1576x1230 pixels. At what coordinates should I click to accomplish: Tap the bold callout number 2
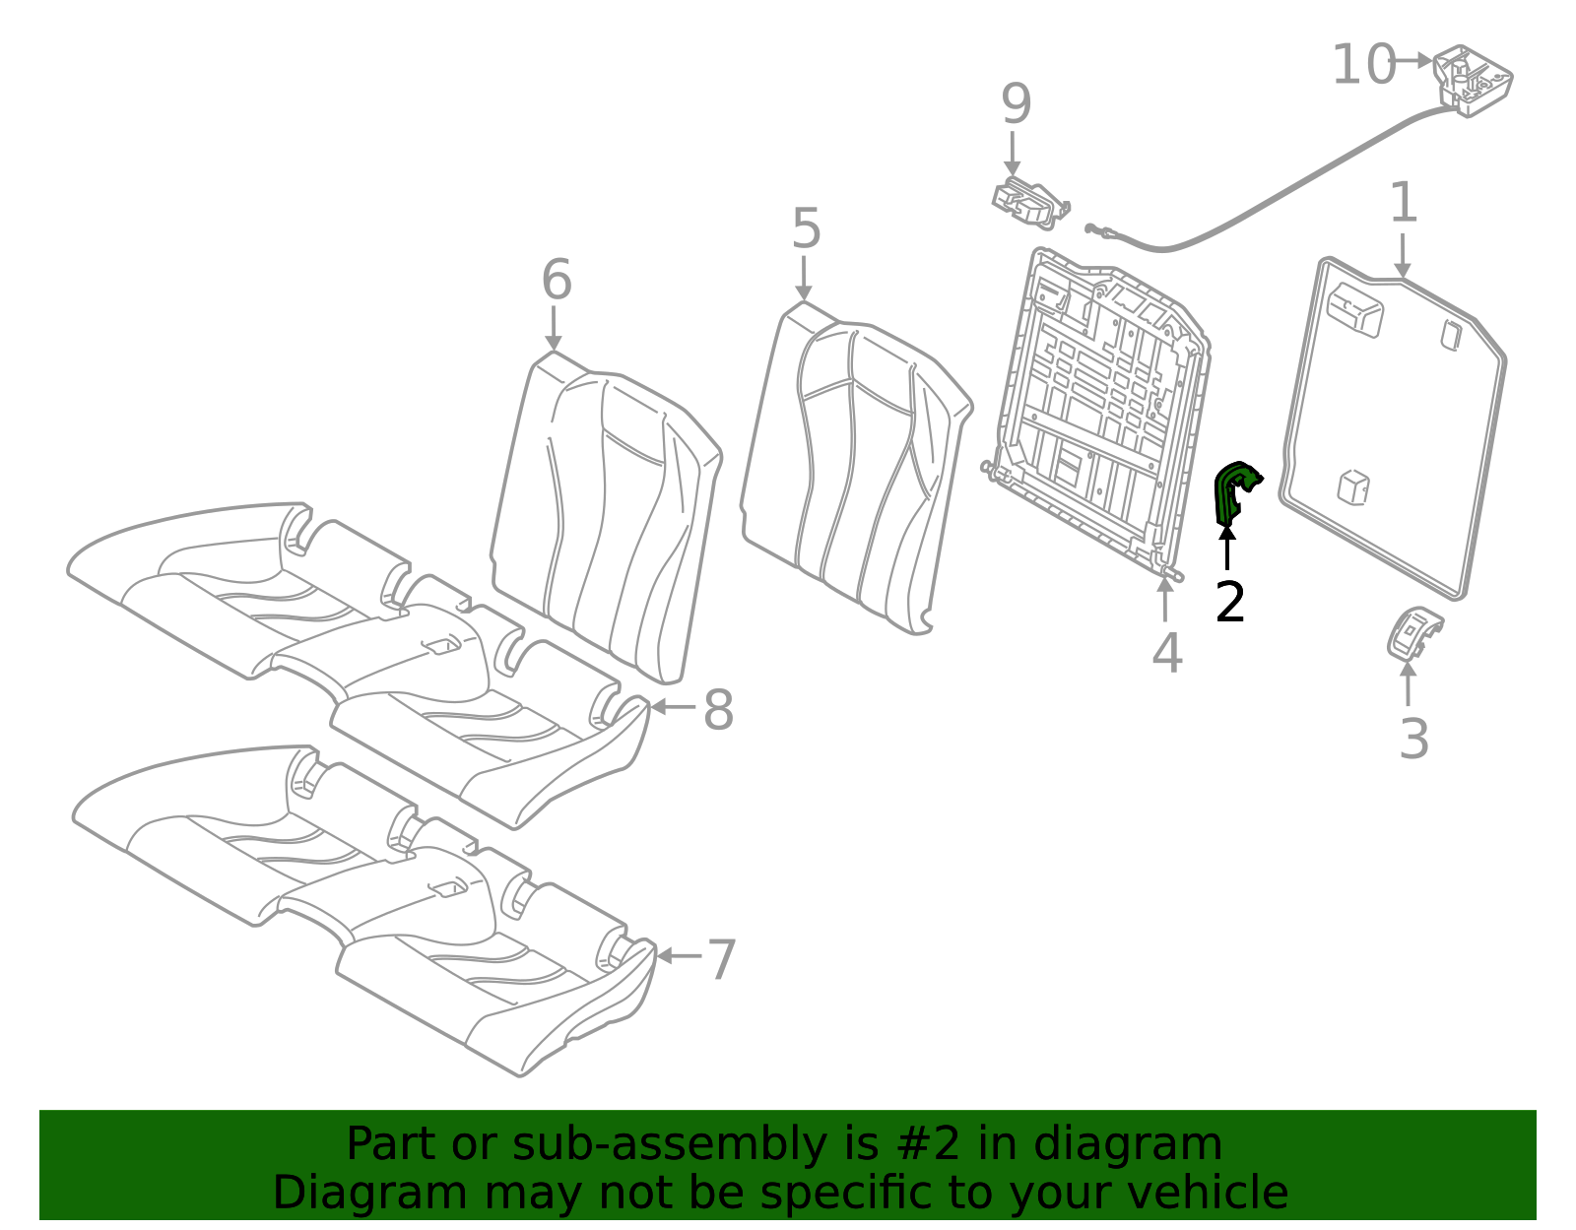tap(1230, 602)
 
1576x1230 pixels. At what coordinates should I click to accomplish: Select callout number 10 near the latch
tap(1363, 65)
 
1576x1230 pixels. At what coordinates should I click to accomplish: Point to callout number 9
tap(1017, 103)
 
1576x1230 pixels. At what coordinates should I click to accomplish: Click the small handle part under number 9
tap(1030, 203)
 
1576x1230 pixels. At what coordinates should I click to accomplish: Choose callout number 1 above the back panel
tap(1404, 202)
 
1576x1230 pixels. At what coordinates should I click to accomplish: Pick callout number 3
tap(1413, 740)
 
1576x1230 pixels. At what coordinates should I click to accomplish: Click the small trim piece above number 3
tap(1413, 634)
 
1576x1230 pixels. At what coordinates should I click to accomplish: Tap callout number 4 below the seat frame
tap(1167, 652)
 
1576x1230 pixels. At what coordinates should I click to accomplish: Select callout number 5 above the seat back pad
tap(806, 228)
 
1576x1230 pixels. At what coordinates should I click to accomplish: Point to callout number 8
tap(718, 710)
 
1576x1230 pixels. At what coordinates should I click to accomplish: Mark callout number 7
tap(722, 960)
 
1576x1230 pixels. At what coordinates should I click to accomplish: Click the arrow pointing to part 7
tap(679, 956)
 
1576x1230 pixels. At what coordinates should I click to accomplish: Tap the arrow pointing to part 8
tap(674, 706)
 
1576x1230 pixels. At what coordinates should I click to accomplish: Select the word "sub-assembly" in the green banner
tap(670, 1143)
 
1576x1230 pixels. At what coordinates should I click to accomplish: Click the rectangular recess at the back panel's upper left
tap(1354, 309)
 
